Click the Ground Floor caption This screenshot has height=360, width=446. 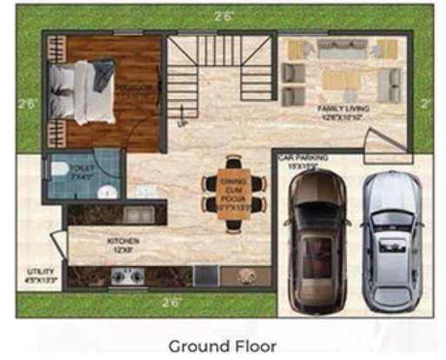(x=223, y=346)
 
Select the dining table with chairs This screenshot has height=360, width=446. (x=235, y=194)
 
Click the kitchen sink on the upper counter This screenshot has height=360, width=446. (x=137, y=213)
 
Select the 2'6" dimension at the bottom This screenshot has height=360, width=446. (x=171, y=303)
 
